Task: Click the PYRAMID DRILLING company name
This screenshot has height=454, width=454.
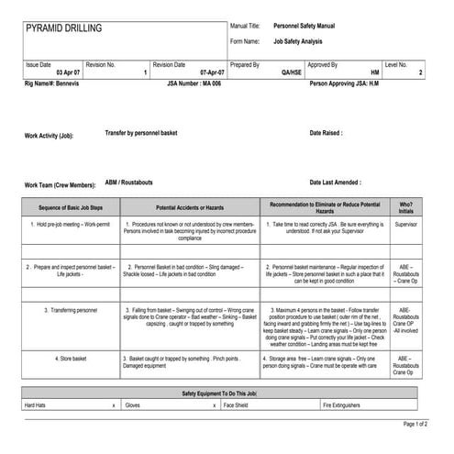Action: (64, 29)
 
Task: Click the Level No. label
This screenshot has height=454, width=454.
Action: (397, 65)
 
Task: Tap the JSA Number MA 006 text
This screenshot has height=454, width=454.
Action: (195, 83)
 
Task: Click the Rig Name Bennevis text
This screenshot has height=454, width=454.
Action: (58, 83)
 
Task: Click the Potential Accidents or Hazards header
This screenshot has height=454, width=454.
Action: (189, 207)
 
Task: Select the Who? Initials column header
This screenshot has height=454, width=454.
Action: (405, 207)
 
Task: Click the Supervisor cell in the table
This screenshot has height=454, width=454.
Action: (405, 224)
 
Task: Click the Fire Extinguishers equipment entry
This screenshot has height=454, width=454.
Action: (341, 404)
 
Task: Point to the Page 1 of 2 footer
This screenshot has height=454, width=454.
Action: (415, 425)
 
